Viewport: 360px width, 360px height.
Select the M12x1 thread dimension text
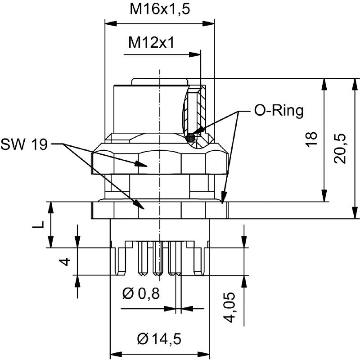point(151,43)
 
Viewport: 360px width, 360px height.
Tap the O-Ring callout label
point(279,111)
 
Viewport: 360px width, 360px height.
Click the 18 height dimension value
point(314,139)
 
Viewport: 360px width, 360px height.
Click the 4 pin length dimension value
point(66,261)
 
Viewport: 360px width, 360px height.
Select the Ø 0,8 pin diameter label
point(141,294)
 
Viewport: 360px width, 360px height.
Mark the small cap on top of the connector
point(159,81)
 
